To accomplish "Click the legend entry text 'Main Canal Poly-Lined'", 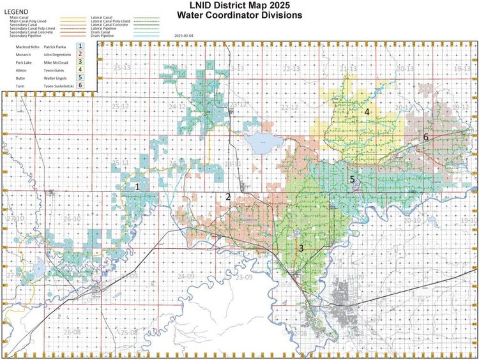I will click(x=24, y=22).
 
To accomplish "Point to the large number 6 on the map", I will click(x=425, y=137).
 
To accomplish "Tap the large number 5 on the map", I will click(x=352, y=179).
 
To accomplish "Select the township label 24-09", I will click(x=186, y=276).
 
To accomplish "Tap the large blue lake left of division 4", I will click(x=260, y=143).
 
